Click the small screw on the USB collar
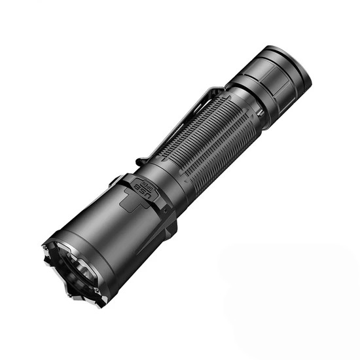click(x=165, y=211)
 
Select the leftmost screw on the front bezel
click(x=46, y=247)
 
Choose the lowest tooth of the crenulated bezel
click(x=98, y=302)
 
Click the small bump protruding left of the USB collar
click(x=114, y=178)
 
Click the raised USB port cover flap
click(x=141, y=190)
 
